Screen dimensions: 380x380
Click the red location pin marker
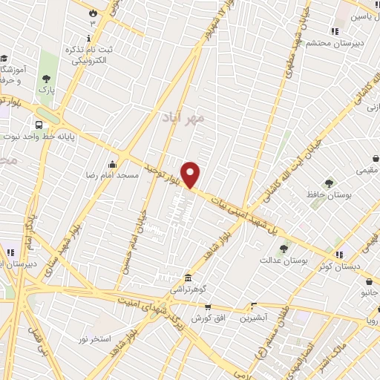[191, 174]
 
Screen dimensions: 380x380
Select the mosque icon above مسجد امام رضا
[112, 165]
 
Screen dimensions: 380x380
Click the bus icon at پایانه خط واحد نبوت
[39, 125]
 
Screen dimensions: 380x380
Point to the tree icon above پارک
[47, 78]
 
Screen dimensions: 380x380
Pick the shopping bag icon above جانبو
[369, 281]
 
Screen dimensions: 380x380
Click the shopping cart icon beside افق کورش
[208, 307]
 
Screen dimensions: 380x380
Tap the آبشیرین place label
[255, 317]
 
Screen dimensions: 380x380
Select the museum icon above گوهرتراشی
[188, 275]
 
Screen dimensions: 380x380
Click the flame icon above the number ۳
[92, 13]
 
